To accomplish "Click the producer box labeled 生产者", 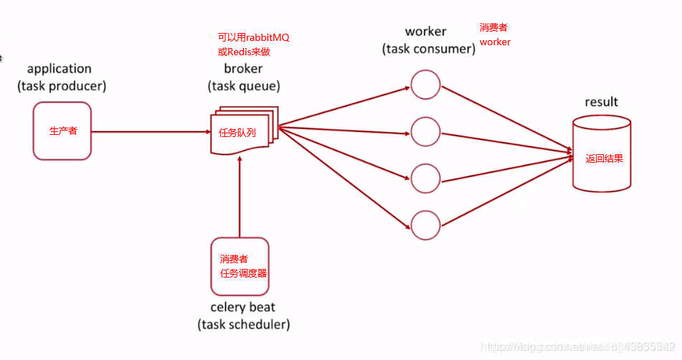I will pos(62,131).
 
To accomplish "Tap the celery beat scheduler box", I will pos(240,266).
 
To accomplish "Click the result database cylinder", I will pos(602,156).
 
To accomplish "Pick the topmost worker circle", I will pos(425,84).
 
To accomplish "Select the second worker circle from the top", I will pos(425,131).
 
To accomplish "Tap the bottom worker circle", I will pos(425,224).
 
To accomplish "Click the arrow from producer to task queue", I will pos(151,132).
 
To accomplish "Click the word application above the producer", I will pos(60,69).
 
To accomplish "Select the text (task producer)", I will pos(62,86).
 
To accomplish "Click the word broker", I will pos(243,69).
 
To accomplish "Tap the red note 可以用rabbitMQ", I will pos(253,37).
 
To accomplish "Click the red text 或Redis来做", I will pos(244,52).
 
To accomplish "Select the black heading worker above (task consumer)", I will pos(425,32).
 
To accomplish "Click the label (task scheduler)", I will pos(243,325).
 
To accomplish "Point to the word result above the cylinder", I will pos(601,102).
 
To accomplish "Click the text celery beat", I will pos(243,308).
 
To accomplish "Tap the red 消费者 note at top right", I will pos(493,27).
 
